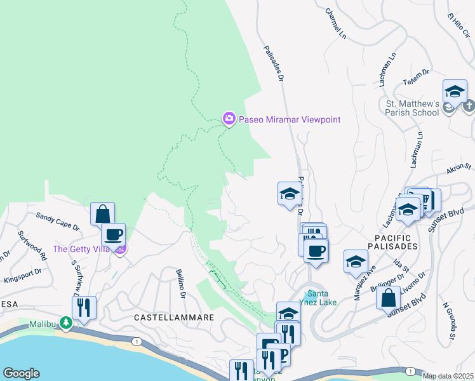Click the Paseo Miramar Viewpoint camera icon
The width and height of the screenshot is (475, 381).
(229, 119)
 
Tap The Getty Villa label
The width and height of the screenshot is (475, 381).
(83, 249)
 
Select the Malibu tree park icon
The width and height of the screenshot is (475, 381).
(66, 323)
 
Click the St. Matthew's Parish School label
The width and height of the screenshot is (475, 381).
(412, 108)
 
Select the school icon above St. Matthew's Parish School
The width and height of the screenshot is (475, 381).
(455, 91)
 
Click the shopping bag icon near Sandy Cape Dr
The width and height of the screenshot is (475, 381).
(102, 214)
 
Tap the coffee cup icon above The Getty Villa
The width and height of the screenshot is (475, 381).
(113, 234)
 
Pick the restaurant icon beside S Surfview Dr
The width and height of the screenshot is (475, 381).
(84, 308)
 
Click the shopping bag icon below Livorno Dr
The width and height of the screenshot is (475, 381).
(387, 297)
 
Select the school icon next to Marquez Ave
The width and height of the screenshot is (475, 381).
(356, 261)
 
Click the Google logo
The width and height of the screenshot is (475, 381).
(21, 373)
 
